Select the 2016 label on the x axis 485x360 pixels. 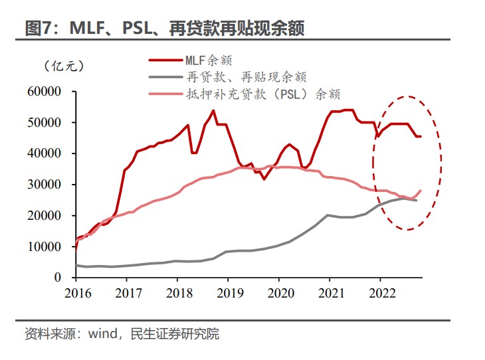click(x=77, y=292)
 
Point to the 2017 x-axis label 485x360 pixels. click(x=128, y=292)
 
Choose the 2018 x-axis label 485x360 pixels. click(x=177, y=292)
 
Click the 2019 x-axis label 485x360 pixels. click(x=228, y=292)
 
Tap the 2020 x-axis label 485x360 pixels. click(x=278, y=292)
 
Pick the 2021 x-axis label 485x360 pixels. click(x=329, y=292)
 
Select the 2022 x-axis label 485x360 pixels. click(x=379, y=292)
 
